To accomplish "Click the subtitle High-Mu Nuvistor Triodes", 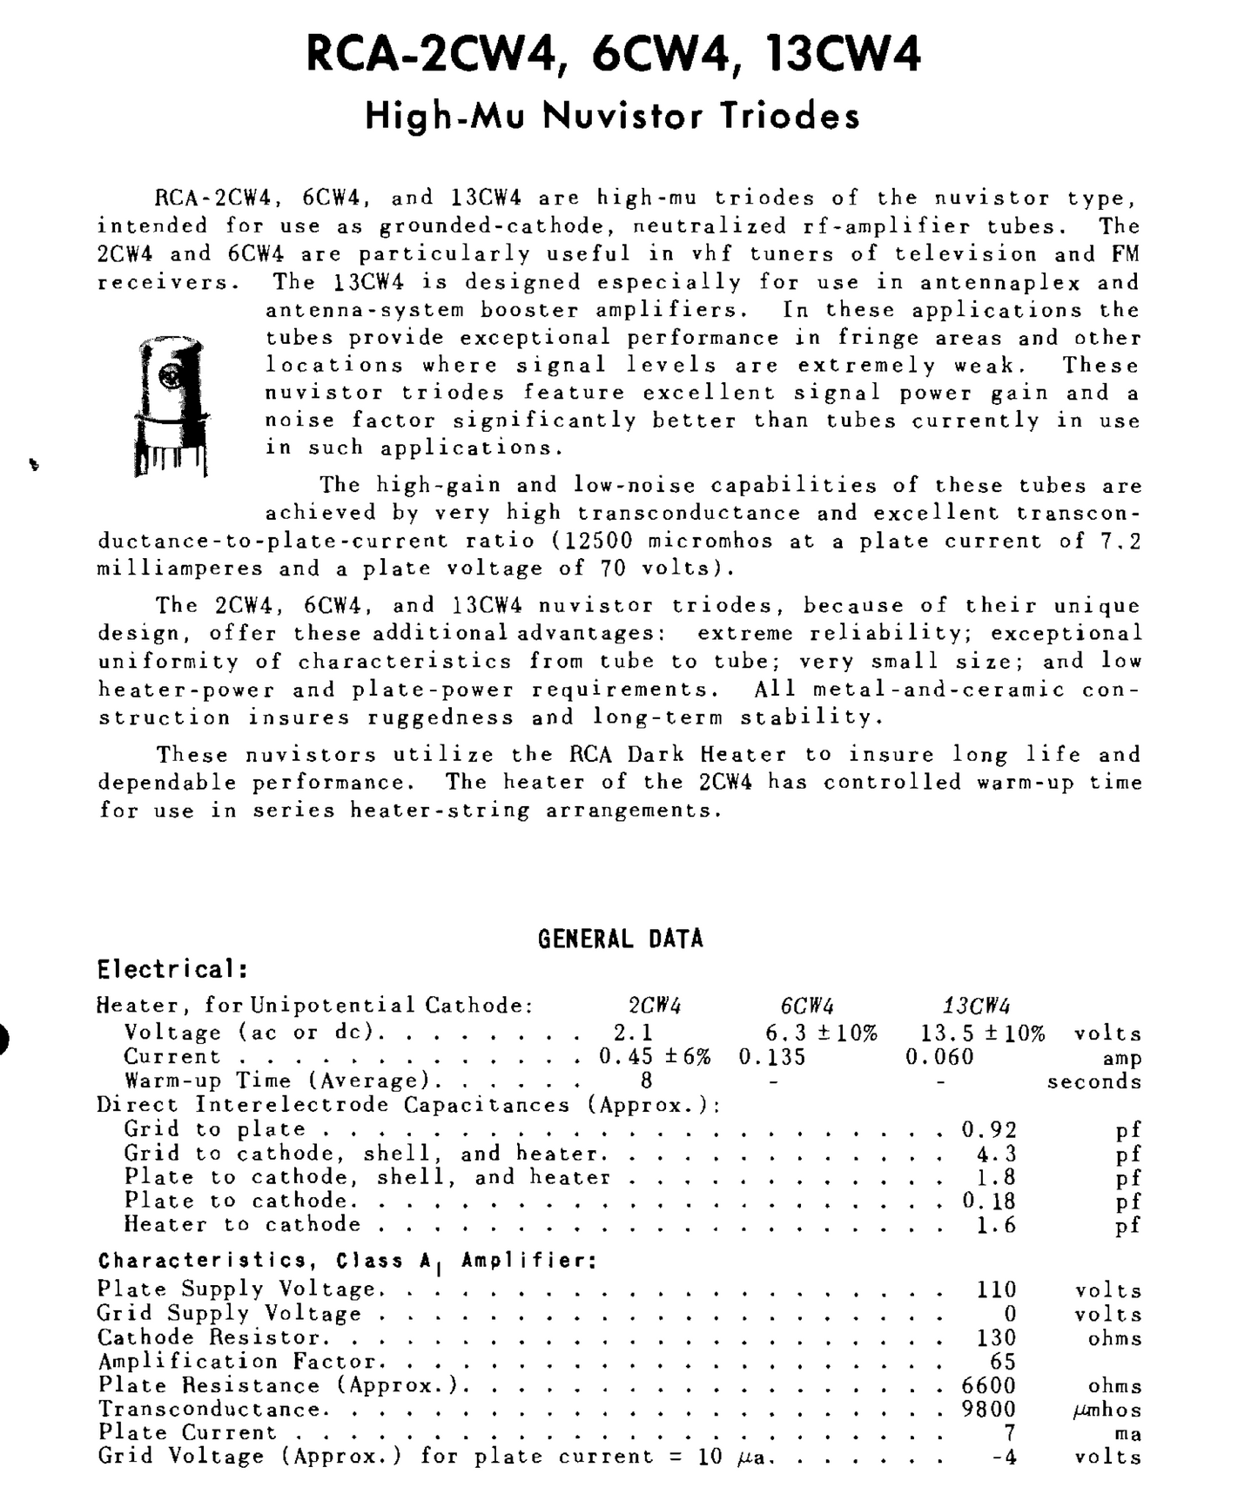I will (x=612, y=116).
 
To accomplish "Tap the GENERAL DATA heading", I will (x=620, y=939).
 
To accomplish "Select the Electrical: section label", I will (x=172, y=969).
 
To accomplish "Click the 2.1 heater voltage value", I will (x=633, y=1033).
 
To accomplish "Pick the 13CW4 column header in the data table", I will (x=977, y=1006).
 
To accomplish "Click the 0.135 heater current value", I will (x=772, y=1057).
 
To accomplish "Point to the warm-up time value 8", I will (x=646, y=1081).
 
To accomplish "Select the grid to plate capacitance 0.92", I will (x=989, y=1129).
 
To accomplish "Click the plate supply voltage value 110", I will (x=996, y=1289).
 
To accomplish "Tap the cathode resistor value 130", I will (x=996, y=1337).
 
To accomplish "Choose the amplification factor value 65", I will (x=1002, y=1362).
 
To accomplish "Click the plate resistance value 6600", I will (x=989, y=1385).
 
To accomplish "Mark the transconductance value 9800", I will (x=989, y=1410).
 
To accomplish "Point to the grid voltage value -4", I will (x=1004, y=1457).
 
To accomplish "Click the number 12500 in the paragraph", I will (x=599, y=541).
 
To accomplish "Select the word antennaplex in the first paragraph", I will (x=999, y=282).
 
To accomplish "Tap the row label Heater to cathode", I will (x=242, y=1225).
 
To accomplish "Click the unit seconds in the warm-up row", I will (x=1094, y=1081).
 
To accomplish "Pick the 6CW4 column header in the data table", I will (x=807, y=1006).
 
